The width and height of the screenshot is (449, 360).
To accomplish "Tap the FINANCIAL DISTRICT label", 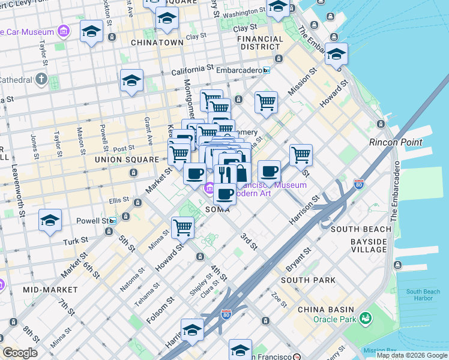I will (260, 43).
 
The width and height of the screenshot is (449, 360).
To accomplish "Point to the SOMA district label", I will (218, 210).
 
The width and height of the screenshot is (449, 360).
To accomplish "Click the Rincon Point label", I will (396, 143).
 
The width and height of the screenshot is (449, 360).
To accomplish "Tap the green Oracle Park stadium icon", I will (365, 319).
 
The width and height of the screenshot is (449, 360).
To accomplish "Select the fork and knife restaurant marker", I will (225, 174).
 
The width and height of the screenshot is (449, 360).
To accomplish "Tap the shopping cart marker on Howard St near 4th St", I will (182, 227).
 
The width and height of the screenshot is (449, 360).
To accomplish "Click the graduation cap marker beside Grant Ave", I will (131, 80).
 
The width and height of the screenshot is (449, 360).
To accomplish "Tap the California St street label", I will (191, 71).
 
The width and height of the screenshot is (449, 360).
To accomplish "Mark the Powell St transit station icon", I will (112, 221).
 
